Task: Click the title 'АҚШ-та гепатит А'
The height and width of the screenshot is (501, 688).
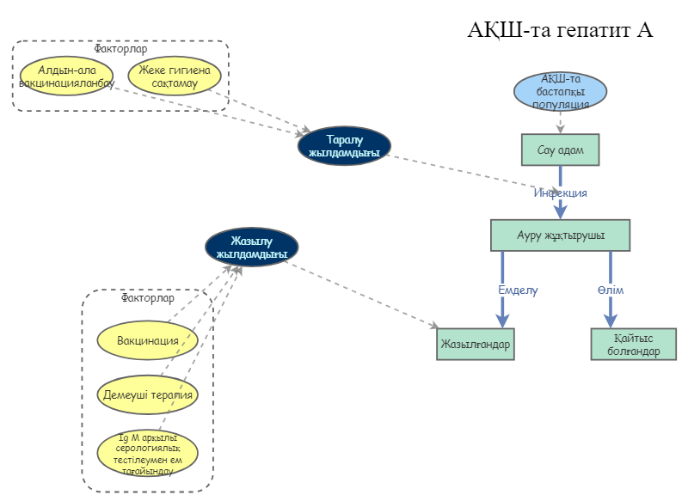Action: click(x=561, y=29)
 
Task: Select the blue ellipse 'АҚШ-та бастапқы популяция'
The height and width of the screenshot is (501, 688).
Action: click(x=560, y=92)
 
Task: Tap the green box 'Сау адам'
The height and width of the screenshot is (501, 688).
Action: click(x=560, y=150)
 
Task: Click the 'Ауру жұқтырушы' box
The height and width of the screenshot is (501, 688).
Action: click(x=560, y=235)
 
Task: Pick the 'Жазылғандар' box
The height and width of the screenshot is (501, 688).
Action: click(x=476, y=345)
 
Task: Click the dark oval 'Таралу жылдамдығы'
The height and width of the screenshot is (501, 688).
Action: click(x=344, y=146)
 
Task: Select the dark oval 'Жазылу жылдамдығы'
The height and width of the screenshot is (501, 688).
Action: click(x=251, y=247)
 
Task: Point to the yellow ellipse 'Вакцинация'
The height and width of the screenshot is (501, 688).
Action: click(x=147, y=341)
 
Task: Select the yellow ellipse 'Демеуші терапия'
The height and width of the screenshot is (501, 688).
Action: click(x=147, y=394)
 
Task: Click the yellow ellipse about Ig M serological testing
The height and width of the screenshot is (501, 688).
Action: click(x=147, y=452)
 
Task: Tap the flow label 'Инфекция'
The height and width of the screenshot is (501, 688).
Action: click(x=560, y=192)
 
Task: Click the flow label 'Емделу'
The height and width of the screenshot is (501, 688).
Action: click(x=518, y=290)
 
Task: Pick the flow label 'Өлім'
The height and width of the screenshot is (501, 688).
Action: click(x=611, y=290)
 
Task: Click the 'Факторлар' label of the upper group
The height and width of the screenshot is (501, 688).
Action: click(x=120, y=49)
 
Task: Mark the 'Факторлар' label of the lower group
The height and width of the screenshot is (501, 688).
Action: click(x=147, y=299)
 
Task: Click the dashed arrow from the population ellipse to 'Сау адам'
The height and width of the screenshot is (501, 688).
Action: click(x=560, y=122)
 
